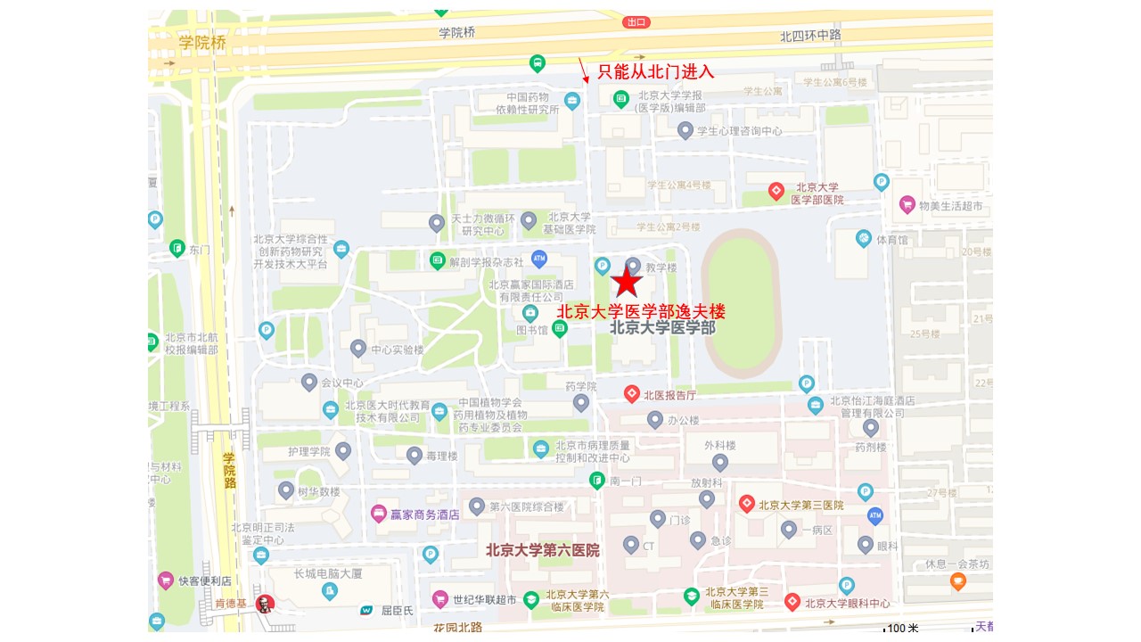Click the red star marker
pyautogui.click(x=627, y=282)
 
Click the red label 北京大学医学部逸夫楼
pyautogui.click(x=641, y=311)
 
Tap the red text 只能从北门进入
pyautogui.click(x=655, y=72)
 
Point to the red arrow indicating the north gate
pyautogui.click(x=583, y=70)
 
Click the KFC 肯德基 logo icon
pyautogui.click(x=264, y=604)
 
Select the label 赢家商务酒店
pyautogui.click(x=424, y=514)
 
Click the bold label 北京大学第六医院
pyautogui.click(x=542, y=550)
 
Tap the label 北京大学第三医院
pyautogui.click(x=800, y=505)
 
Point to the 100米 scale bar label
pyautogui.click(x=902, y=629)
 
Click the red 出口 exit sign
pyautogui.click(x=636, y=22)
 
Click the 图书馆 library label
pyautogui.click(x=531, y=330)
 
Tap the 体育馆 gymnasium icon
pyautogui.click(x=863, y=238)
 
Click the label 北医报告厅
pyautogui.click(x=669, y=393)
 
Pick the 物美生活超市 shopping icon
pyautogui.click(x=907, y=204)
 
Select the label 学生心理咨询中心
pyautogui.click(x=739, y=131)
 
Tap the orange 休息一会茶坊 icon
pyautogui.click(x=957, y=582)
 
